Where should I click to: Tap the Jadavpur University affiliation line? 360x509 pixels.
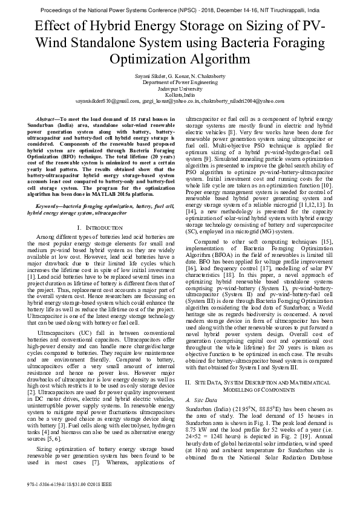(180, 88)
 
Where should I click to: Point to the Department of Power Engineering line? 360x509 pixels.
(180, 82)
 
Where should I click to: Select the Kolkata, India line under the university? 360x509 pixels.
(180, 95)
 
